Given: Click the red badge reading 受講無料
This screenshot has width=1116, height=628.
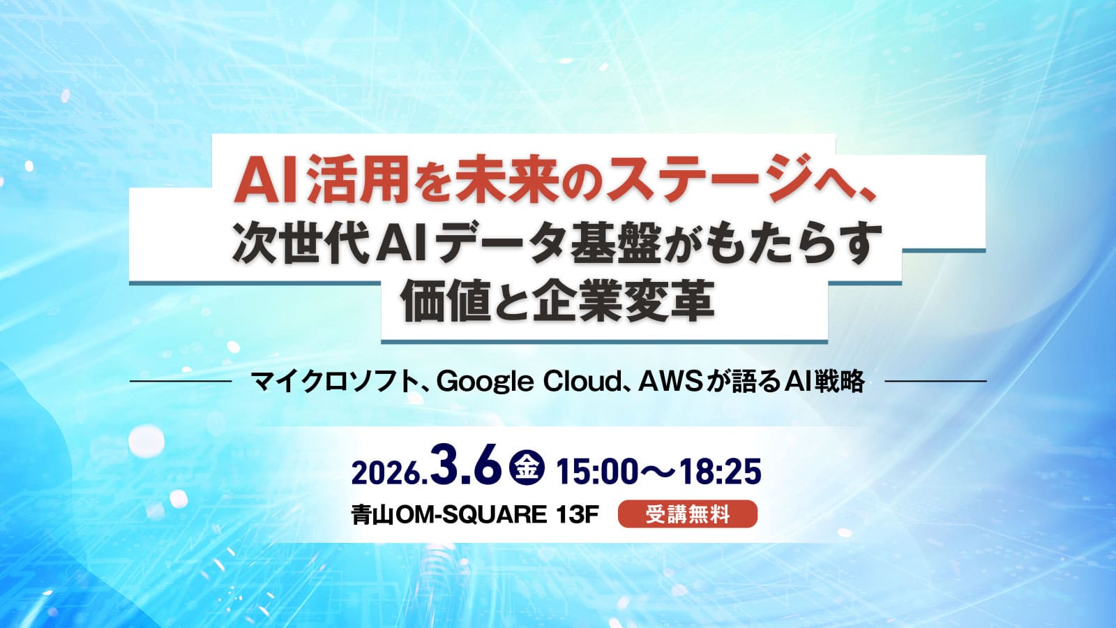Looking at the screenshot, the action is (688, 514).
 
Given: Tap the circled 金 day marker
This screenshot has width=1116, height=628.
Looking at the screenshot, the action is (527, 468).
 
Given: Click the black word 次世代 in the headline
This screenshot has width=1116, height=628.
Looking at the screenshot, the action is (300, 244).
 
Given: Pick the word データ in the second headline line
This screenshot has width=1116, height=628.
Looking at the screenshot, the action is (504, 244).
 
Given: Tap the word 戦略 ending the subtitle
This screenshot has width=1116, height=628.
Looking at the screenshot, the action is (841, 382).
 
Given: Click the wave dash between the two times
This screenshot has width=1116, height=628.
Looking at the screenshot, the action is (659, 472).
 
